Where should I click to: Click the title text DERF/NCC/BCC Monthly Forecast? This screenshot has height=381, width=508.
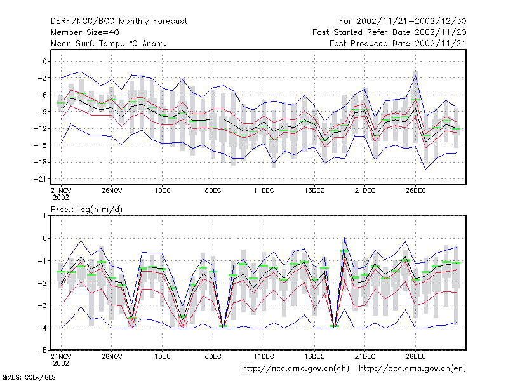[x=119, y=22]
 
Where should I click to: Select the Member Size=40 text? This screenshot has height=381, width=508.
[x=85, y=32]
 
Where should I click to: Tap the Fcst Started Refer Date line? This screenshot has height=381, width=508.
[x=389, y=32]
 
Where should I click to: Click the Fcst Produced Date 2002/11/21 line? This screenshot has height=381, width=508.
[x=398, y=43]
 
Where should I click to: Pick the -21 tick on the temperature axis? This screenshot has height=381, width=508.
[x=40, y=179]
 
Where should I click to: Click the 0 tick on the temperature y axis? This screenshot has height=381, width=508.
[x=44, y=61]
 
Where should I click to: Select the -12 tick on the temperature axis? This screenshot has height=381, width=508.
[x=40, y=129]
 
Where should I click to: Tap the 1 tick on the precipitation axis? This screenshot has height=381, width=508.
[x=44, y=216]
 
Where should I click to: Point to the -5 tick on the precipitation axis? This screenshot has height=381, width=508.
[x=43, y=351]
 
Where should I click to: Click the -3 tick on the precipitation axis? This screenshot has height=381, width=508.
[x=43, y=305]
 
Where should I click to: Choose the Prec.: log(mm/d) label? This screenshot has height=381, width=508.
[x=86, y=210]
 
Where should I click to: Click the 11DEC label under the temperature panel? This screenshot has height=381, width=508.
[x=264, y=190]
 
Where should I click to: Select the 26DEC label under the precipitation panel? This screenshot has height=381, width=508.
[x=416, y=356]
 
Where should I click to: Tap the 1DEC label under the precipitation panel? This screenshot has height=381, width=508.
[x=163, y=356]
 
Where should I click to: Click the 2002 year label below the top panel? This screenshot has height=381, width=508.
[x=61, y=197]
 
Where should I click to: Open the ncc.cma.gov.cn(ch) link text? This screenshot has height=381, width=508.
[x=295, y=369]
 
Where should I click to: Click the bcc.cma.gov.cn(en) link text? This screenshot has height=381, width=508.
[x=412, y=369]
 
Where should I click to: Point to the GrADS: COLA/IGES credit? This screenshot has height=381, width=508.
[x=29, y=377]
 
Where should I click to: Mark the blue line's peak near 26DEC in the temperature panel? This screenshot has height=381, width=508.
[x=416, y=75]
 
